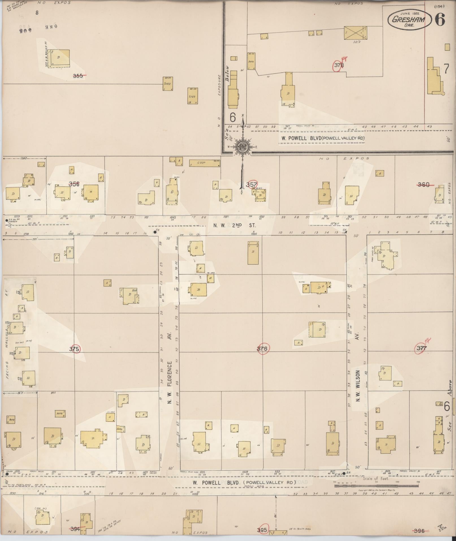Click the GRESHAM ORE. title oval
(409, 19)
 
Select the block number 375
(74, 349)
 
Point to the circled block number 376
(262, 348)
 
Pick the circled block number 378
(339, 65)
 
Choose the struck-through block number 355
(79, 76)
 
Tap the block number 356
(74, 184)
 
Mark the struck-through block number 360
(423, 185)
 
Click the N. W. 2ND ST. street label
(234, 225)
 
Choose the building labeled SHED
(168, 84)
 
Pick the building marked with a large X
(356, 33)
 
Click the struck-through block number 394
(75, 529)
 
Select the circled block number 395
(262, 530)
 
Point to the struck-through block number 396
(419, 531)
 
